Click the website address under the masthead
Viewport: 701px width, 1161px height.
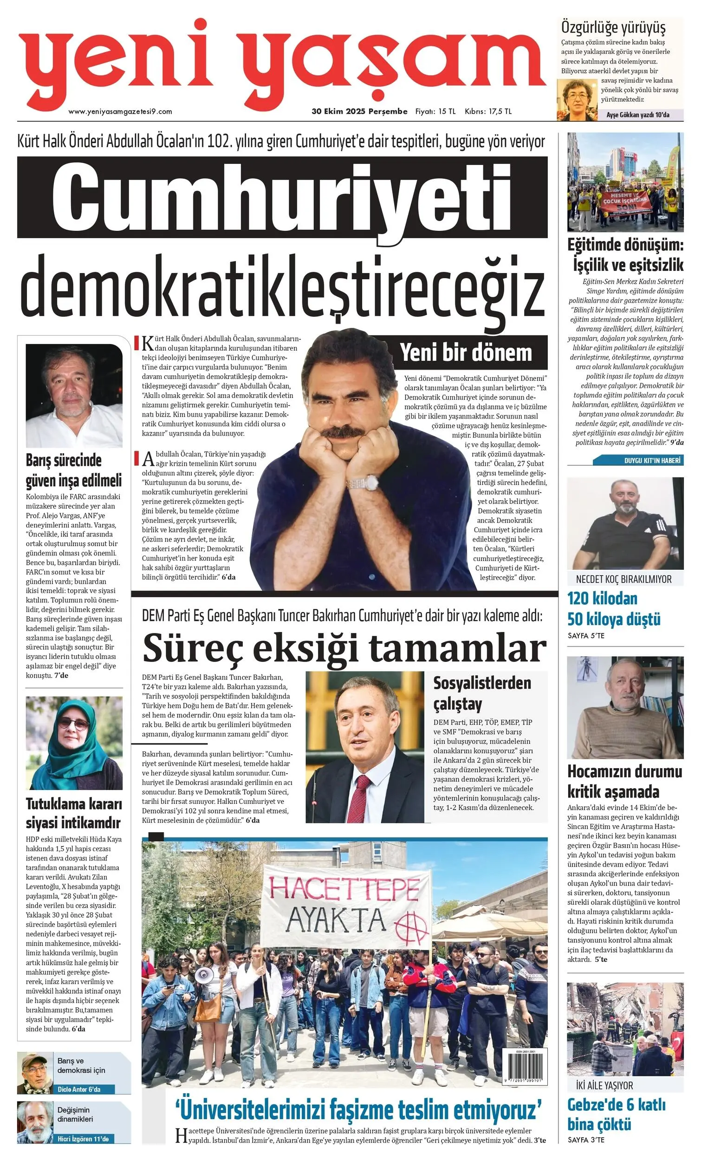120,111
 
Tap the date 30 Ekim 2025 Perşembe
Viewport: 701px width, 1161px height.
359,111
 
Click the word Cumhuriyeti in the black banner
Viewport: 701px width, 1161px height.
282,197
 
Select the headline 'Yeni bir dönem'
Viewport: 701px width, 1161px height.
466,352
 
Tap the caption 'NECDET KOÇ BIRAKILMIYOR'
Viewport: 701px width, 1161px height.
624,579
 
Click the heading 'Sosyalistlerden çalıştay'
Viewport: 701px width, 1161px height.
481,694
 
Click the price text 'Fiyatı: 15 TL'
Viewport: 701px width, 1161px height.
435,111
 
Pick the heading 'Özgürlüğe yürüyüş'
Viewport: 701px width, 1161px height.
613,28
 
